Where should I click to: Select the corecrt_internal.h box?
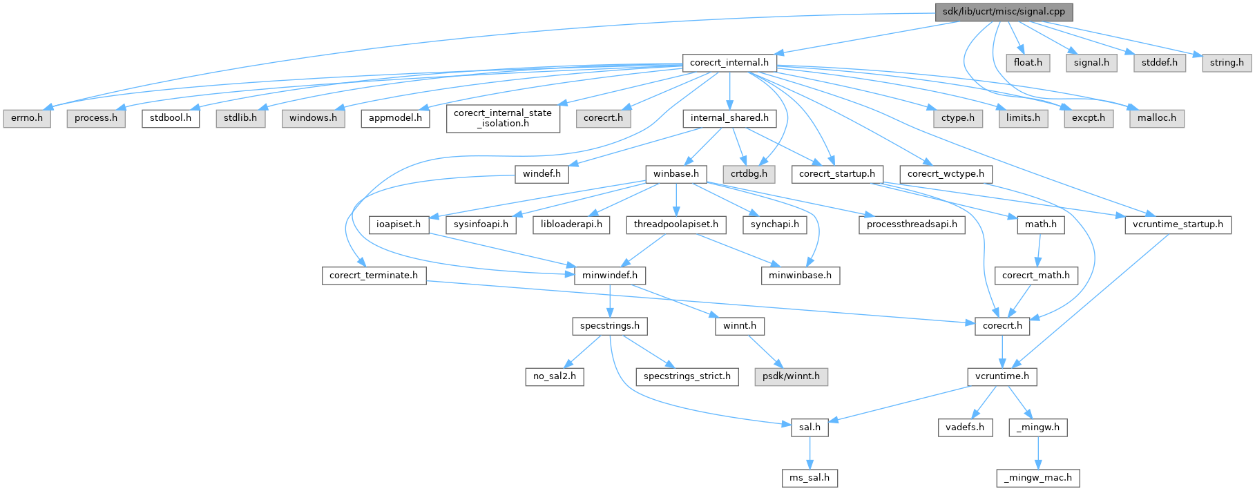729,63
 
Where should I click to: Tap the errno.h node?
27,118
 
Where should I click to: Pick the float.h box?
1028,63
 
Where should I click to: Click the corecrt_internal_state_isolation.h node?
503,118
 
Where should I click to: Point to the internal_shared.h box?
729,118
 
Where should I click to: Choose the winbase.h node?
676,174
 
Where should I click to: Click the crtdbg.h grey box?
749,174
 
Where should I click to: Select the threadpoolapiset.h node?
676,224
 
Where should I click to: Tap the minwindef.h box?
610,276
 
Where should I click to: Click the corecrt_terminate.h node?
374,276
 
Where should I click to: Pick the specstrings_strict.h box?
687,376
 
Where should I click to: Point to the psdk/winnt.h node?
791,376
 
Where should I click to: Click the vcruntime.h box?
1002,376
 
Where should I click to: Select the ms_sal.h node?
809,477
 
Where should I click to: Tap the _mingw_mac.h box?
1038,477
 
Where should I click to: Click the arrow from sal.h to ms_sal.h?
809,452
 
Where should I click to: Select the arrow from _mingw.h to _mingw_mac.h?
1038,452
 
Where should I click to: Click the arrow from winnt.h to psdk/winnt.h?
764,351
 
